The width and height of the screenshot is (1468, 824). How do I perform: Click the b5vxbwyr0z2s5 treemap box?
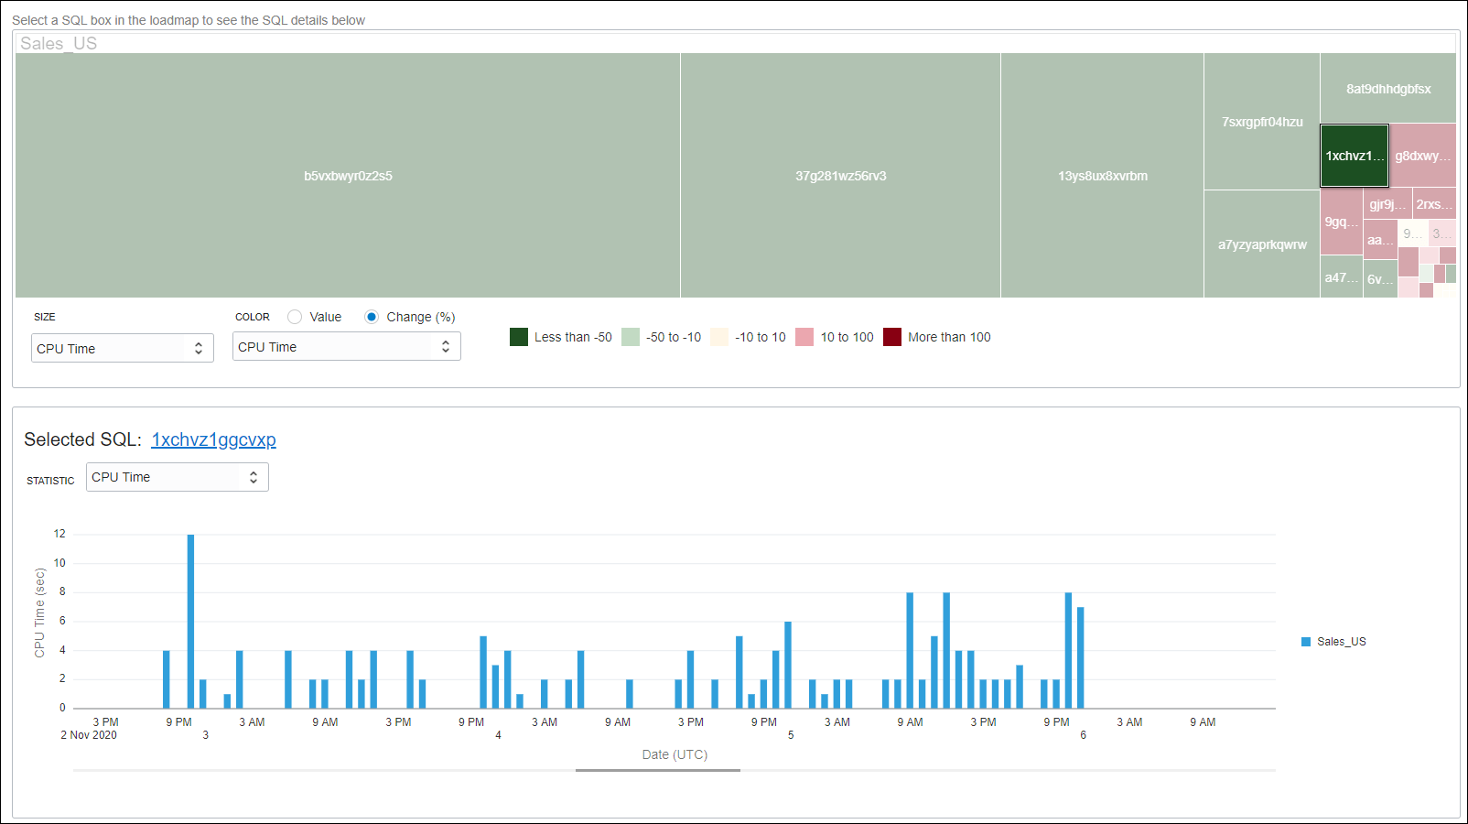click(348, 176)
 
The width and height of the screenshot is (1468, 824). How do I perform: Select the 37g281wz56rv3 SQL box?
click(840, 176)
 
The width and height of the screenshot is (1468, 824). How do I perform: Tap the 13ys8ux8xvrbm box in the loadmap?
click(1102, 176)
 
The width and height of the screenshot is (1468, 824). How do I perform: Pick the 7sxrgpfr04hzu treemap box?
click(1261, 122)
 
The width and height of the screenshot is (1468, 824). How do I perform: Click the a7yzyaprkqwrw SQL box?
click(1261, 244)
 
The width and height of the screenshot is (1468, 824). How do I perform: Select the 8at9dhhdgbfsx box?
click(1387, 89)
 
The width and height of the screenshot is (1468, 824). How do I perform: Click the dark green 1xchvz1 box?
click(1354, 156)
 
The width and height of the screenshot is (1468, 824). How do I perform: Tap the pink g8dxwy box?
click(1422, 156)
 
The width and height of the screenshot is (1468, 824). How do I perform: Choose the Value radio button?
click(295, 317)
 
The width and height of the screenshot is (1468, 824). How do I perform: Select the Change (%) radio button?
click(372, 317)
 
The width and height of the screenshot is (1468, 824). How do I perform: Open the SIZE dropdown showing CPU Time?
click(123, 348)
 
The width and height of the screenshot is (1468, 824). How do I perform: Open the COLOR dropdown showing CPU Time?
click(346, 346)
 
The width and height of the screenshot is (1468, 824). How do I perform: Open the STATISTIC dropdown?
click(177, 477)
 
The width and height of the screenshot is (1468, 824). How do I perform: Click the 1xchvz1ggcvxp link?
click(213, 439)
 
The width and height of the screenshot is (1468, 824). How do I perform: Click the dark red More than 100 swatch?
click(892, 337)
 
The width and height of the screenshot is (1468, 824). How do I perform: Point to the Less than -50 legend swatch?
click(519, 337)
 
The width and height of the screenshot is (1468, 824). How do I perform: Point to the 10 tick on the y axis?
click(59, 563)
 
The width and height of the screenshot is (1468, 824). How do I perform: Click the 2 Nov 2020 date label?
click(89, 735)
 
